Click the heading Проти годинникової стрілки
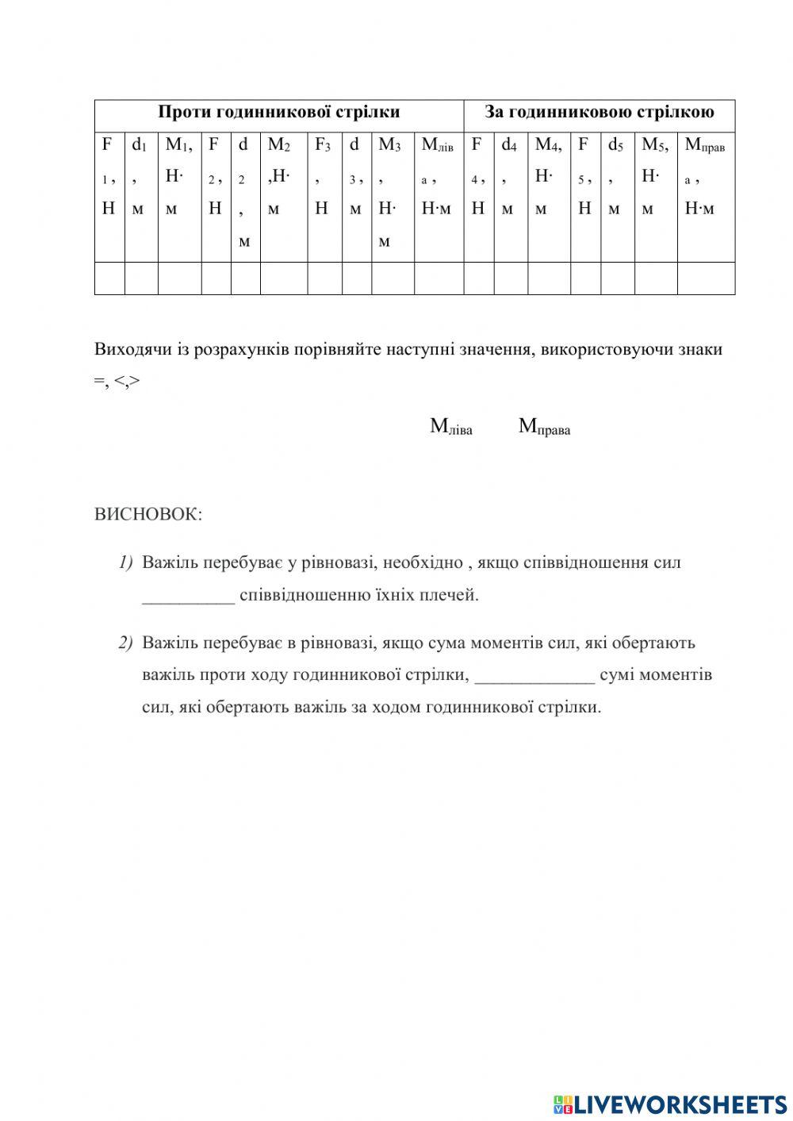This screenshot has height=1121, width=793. point(278,112)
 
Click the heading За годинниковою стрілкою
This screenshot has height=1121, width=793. point(599,112)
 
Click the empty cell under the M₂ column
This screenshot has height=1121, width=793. point(283,278)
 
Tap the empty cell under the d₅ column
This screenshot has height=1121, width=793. point(617,278)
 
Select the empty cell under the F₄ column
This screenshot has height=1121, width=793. point(478,278)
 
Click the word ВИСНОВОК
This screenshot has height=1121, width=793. point(148,514)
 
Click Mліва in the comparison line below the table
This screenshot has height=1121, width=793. point(450,427)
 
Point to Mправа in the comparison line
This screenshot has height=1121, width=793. point(544,427)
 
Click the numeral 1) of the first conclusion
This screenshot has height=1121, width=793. point(126,562)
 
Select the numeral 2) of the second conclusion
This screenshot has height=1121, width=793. point(126,643)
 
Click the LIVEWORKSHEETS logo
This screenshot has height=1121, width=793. point(670,1104)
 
